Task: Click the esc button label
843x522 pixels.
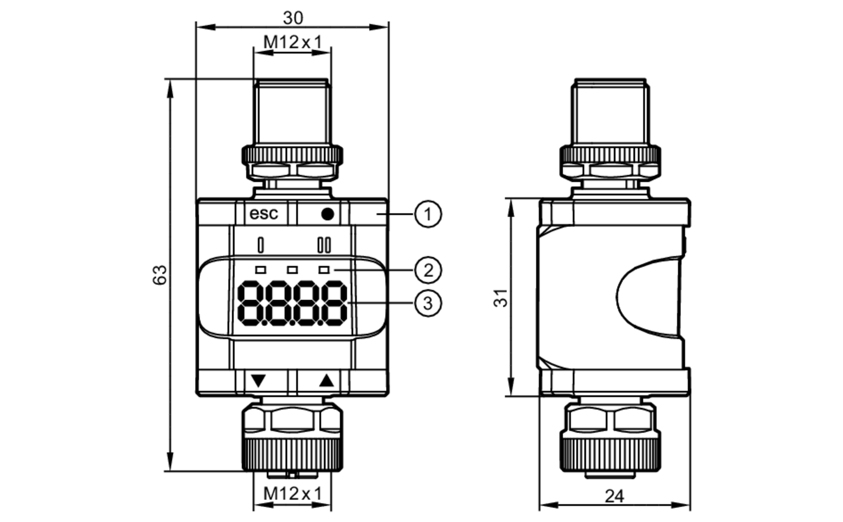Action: point(264,214)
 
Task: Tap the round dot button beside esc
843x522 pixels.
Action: point(328,214)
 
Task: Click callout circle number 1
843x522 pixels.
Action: point(428,214)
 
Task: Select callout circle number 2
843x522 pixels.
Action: point(428,270)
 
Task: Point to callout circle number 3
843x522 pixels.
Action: point(428,303)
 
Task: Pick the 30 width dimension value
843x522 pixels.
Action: point(293,18)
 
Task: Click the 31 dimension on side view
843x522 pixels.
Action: point(501,298)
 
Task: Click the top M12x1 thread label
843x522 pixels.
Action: point(293,42)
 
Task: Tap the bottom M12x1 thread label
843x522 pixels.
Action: point(293,494)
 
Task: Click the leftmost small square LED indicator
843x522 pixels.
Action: point(261,270)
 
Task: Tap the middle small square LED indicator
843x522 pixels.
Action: point(292,270)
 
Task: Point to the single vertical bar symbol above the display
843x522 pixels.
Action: point(261,245)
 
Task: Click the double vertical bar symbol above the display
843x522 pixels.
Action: point(324,245)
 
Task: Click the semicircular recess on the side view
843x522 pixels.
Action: point(647,297)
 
